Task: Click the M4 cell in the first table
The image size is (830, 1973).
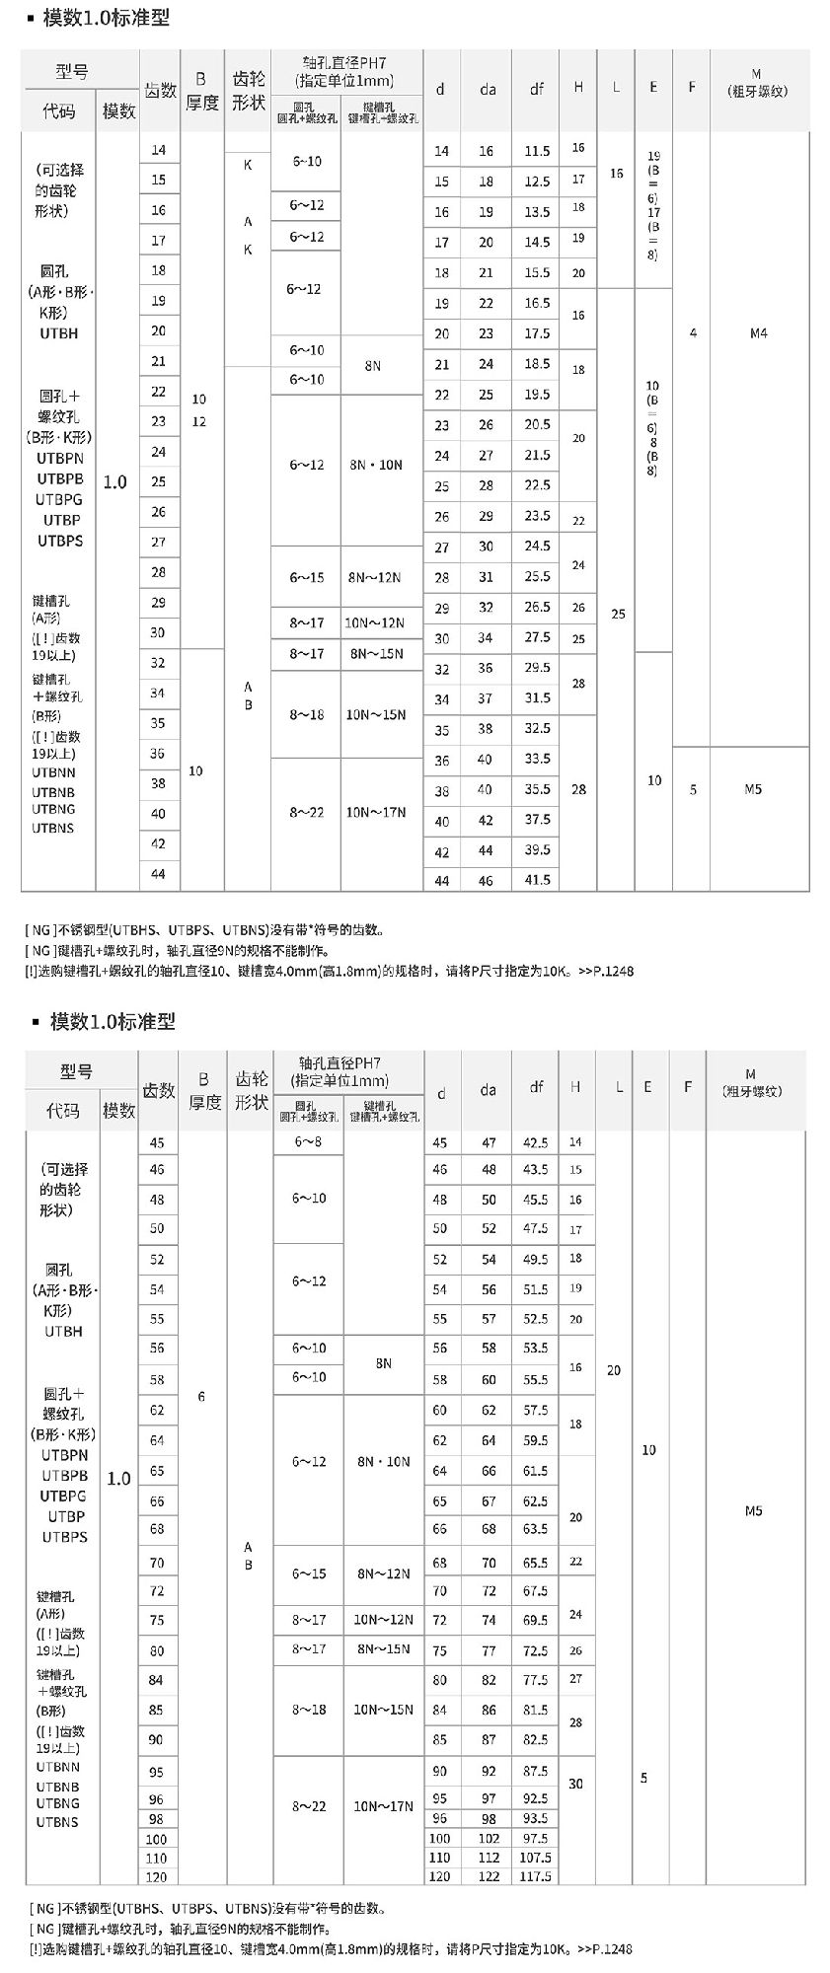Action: click(x=758, y=333)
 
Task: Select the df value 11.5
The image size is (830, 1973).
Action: click(x=537, y=151)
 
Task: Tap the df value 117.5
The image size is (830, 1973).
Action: click(x=536, y=1876)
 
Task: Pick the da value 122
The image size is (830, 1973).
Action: click(x=489, y=1876)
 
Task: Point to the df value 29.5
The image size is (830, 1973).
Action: click(x=537, y=668)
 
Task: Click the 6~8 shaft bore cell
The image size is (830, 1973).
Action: click(x=308, y=1141)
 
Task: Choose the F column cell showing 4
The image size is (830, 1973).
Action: click(x=693, y=333)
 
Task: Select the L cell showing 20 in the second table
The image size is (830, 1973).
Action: click(x=614, y=1370)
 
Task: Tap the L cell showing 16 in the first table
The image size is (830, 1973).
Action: click(x=617, y=174)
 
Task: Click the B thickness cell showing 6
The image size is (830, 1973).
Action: click(x=201, y=1396)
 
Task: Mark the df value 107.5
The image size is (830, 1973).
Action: click(x=536, y=1858)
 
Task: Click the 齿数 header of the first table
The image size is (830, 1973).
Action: click(x=161, y=91)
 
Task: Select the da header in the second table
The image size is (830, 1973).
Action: click(x=489, y=1090)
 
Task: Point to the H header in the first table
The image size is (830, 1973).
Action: click(x=577, y=87)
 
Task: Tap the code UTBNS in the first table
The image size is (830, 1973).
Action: click(x=52, y=829)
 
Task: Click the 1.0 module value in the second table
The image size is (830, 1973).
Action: click(x=118, y=1478)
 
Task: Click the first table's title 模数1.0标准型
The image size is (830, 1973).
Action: click(x=106, y=18)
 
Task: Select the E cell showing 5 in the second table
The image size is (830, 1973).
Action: click(x=644, y=1778)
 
